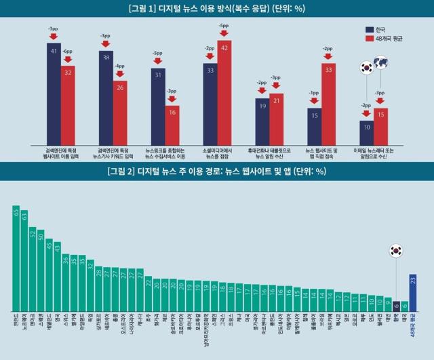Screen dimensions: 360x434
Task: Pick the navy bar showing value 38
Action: click(106, 95)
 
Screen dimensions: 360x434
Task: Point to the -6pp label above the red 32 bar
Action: click(68, 52)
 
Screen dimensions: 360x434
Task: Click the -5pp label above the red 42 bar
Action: click(224, 26)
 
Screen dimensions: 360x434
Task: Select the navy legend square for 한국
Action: click(370, 30)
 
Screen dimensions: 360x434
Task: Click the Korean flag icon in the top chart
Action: click(366, 67)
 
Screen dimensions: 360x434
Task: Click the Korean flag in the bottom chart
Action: click(395, 251)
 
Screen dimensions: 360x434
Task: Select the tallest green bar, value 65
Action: click(16, 258)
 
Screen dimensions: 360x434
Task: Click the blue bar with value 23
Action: click(413, 292)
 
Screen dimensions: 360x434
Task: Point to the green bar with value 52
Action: click(33, 268)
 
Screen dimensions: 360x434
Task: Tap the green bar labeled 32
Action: click(91, 285)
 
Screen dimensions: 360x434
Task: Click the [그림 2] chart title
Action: click(217, 171)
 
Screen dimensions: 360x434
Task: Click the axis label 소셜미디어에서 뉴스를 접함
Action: click(217, 151)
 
